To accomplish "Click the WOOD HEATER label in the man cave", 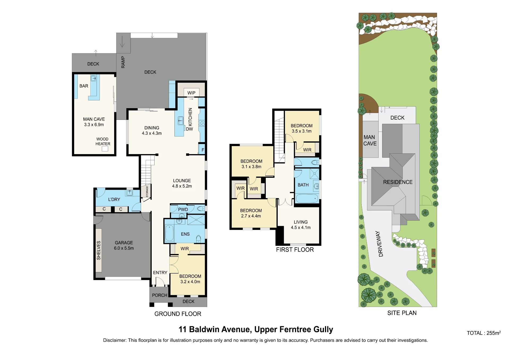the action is click(x=103, y=141).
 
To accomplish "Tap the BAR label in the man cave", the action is click(x=84, y=86).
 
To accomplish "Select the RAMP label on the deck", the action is click(x=123, y=62).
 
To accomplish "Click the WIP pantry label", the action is click(x=191, y=93).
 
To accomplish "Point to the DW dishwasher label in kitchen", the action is click(x=190, y=129).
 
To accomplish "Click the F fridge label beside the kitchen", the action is click(x=203, y=150).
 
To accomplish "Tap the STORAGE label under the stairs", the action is click(x=147, y=191).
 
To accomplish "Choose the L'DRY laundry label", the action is click(x=114, y=200).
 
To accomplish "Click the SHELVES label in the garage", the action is click(x=99, y=250).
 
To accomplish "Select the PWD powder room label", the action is click(x=183, y=209).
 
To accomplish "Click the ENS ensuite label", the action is click(x=185, y=234).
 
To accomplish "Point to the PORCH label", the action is click(x=160, y=295).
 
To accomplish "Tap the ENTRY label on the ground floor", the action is click(x=160, y=273).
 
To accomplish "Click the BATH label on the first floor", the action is click(x=303, y=185).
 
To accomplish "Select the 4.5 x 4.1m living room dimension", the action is click(x=301, y=227).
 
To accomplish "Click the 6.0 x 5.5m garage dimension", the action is click(x=124, y=248).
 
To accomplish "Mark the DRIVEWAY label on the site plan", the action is click(x=379, y=244).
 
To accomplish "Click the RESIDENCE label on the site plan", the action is click(x=398, y=182).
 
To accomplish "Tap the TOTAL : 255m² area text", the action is click(x=484, y=333).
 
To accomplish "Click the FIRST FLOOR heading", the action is click(x=295, y=250).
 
